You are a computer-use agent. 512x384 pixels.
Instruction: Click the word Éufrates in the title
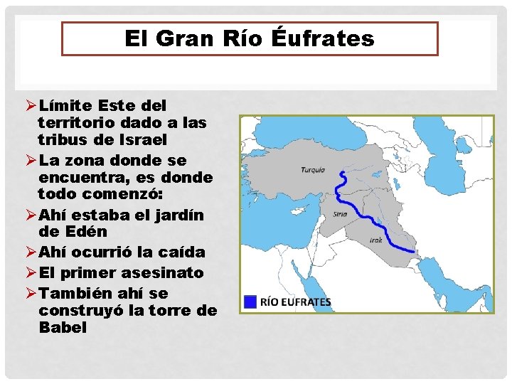click(x=323, y=38)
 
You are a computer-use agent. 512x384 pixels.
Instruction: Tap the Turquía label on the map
click(x=313, y=170)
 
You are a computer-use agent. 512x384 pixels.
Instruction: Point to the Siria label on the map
click(x=340, y=214)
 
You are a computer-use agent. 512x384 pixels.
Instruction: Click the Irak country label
click(x=376, y=240)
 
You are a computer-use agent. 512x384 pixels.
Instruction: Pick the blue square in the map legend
click(x=249, y=302)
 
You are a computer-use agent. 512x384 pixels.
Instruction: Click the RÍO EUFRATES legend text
click(x=297, y=302)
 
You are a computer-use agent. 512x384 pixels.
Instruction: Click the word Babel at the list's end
click(x=63, y=327)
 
